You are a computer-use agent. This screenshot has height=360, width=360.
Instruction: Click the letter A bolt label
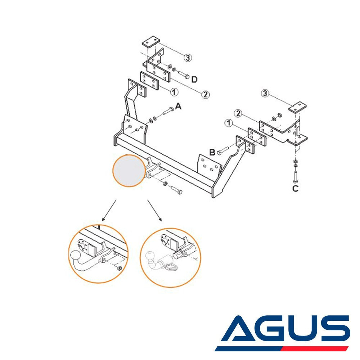(x=178, y=106)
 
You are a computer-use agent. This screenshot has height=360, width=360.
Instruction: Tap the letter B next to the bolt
(x=212, y=152)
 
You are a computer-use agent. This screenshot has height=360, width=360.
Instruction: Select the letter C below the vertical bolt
(x=295, y=189)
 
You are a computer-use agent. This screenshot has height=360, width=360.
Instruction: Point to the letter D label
(x=194, y=80)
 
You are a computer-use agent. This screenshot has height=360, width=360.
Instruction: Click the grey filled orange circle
(x=129, y=171)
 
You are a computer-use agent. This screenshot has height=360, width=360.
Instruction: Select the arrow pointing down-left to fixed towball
(x=109, y=210)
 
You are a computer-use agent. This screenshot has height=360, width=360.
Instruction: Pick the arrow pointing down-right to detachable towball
(x=155, y=210)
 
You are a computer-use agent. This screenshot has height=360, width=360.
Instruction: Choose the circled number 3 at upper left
(x=188, y=57)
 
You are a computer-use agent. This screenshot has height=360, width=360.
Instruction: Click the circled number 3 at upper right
(x=265, y=94)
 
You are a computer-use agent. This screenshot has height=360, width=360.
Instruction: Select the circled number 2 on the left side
(x=206, y=94)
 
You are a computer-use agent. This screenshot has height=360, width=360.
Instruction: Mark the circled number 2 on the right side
(x=238, y=113)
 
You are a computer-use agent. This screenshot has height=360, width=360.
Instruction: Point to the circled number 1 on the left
(x=174, y=92)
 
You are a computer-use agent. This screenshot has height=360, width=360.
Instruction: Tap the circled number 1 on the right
(x=229, y=123)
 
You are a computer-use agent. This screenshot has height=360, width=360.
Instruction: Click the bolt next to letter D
(x=184, y=75)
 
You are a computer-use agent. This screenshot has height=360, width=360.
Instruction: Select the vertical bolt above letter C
(x=296, y=177)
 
